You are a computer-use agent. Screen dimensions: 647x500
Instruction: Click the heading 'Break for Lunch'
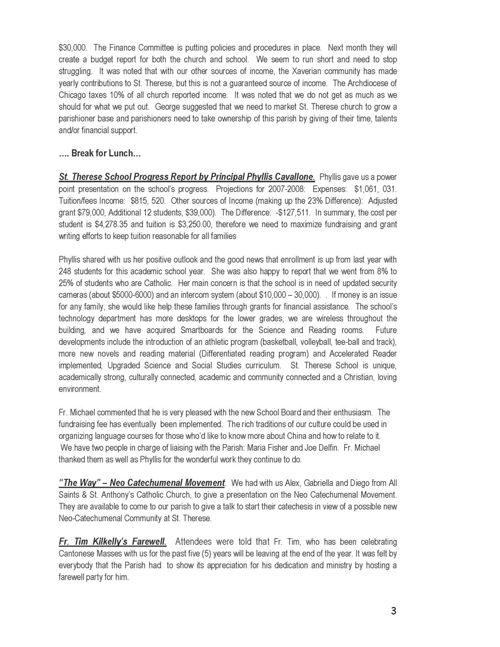tap(105, 154)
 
